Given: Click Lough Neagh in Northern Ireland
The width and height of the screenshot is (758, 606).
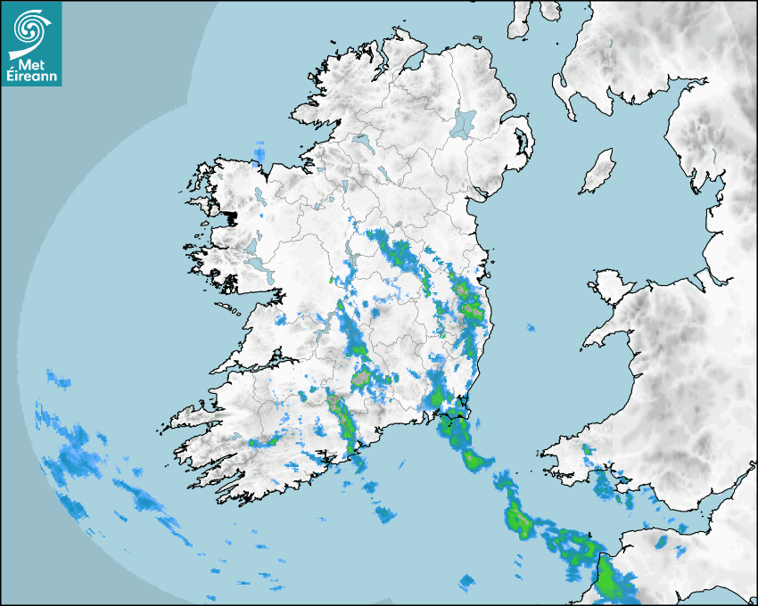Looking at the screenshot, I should pos(464,123).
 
